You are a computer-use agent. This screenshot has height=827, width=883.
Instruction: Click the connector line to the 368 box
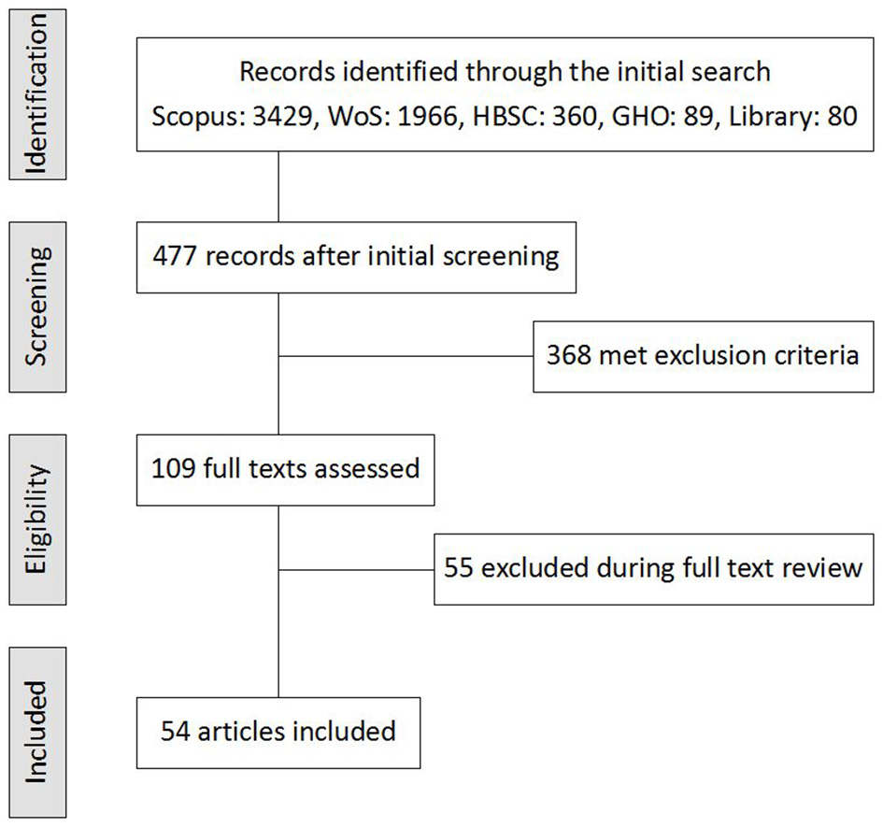coord(406,356)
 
